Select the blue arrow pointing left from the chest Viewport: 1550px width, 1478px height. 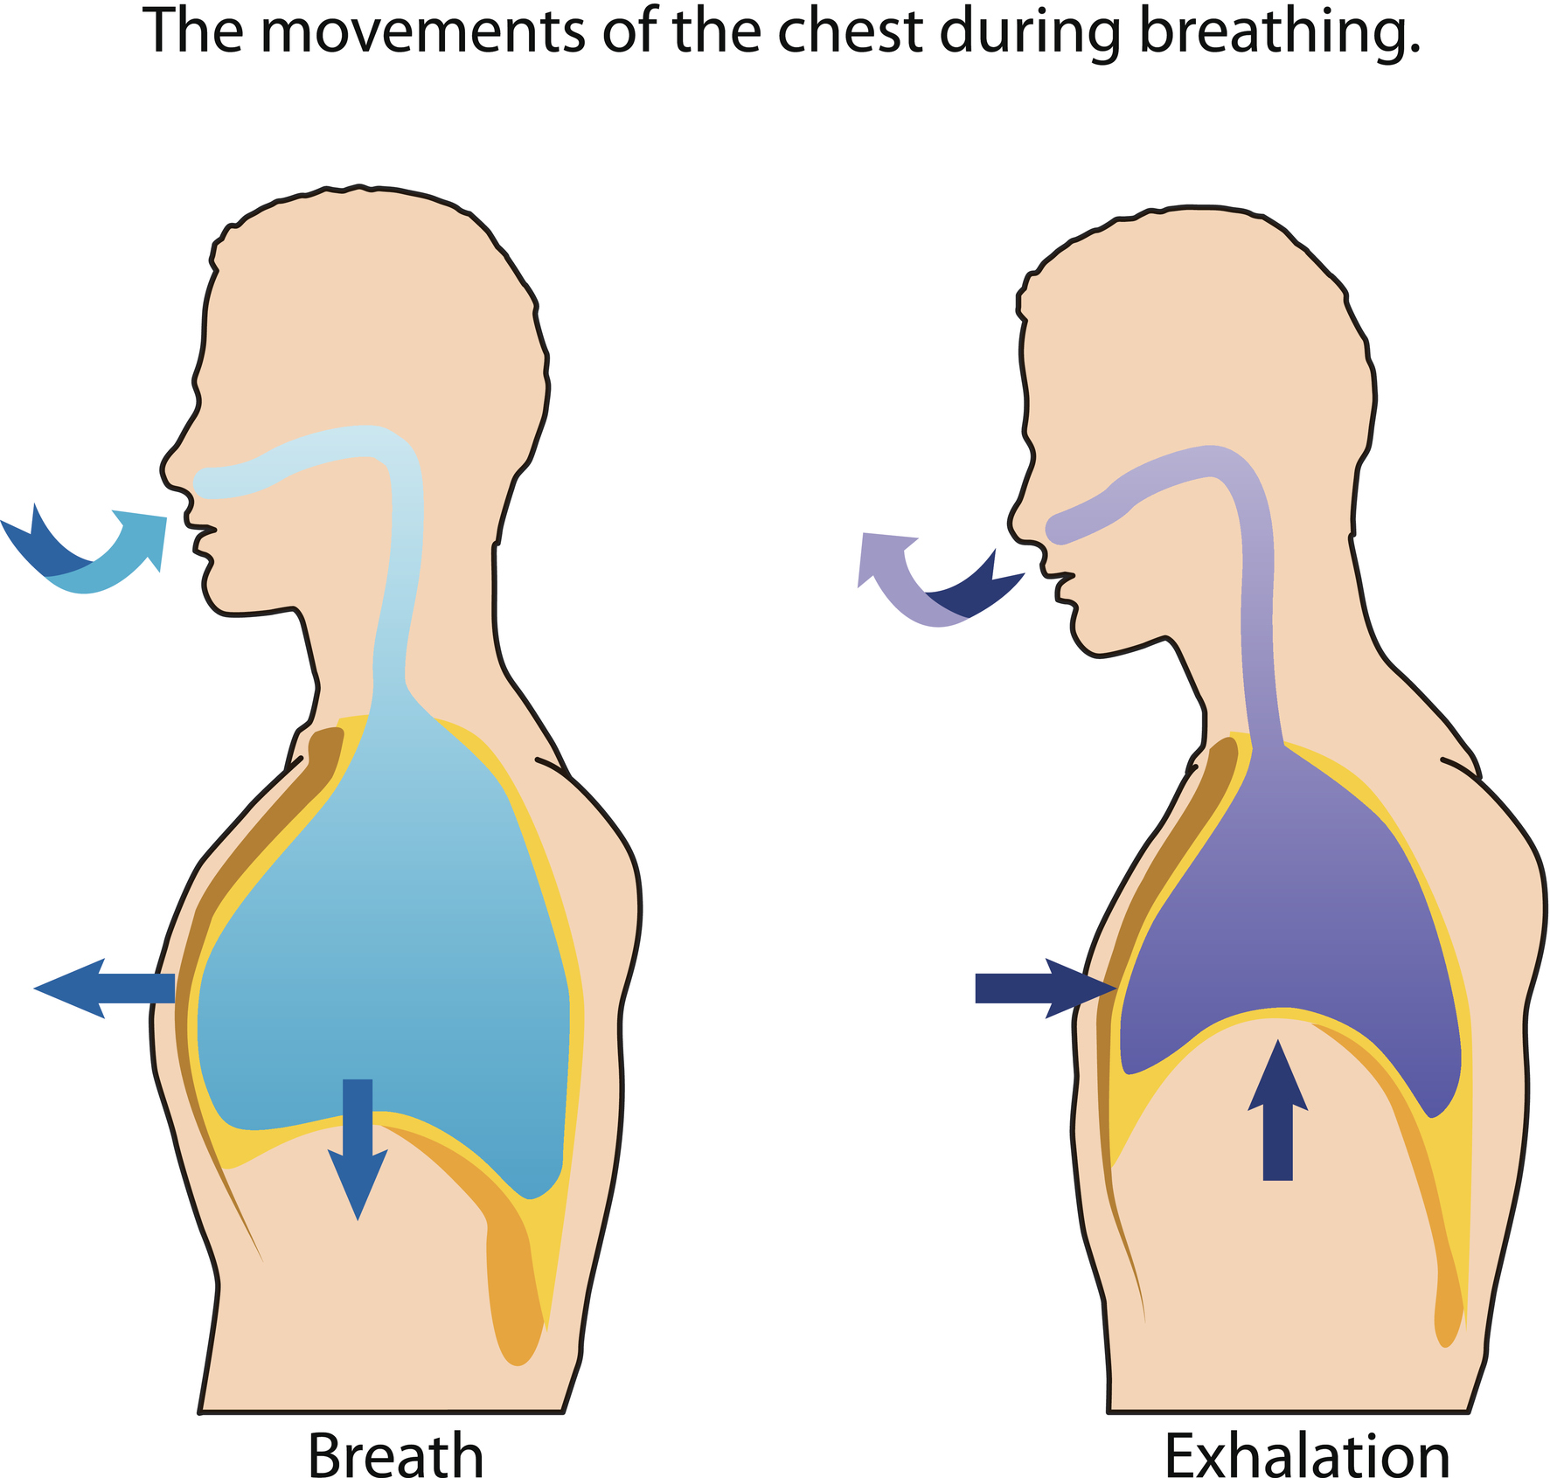coord(104,988)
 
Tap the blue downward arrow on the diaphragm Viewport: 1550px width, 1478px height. coord(358,1149)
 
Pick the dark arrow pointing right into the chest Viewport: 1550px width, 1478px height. coord(1046,988)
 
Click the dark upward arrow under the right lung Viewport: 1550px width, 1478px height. coord(1277,1110)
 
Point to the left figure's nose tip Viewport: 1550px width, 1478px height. coord(163,470)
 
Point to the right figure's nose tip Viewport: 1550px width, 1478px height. coord(1012,527)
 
